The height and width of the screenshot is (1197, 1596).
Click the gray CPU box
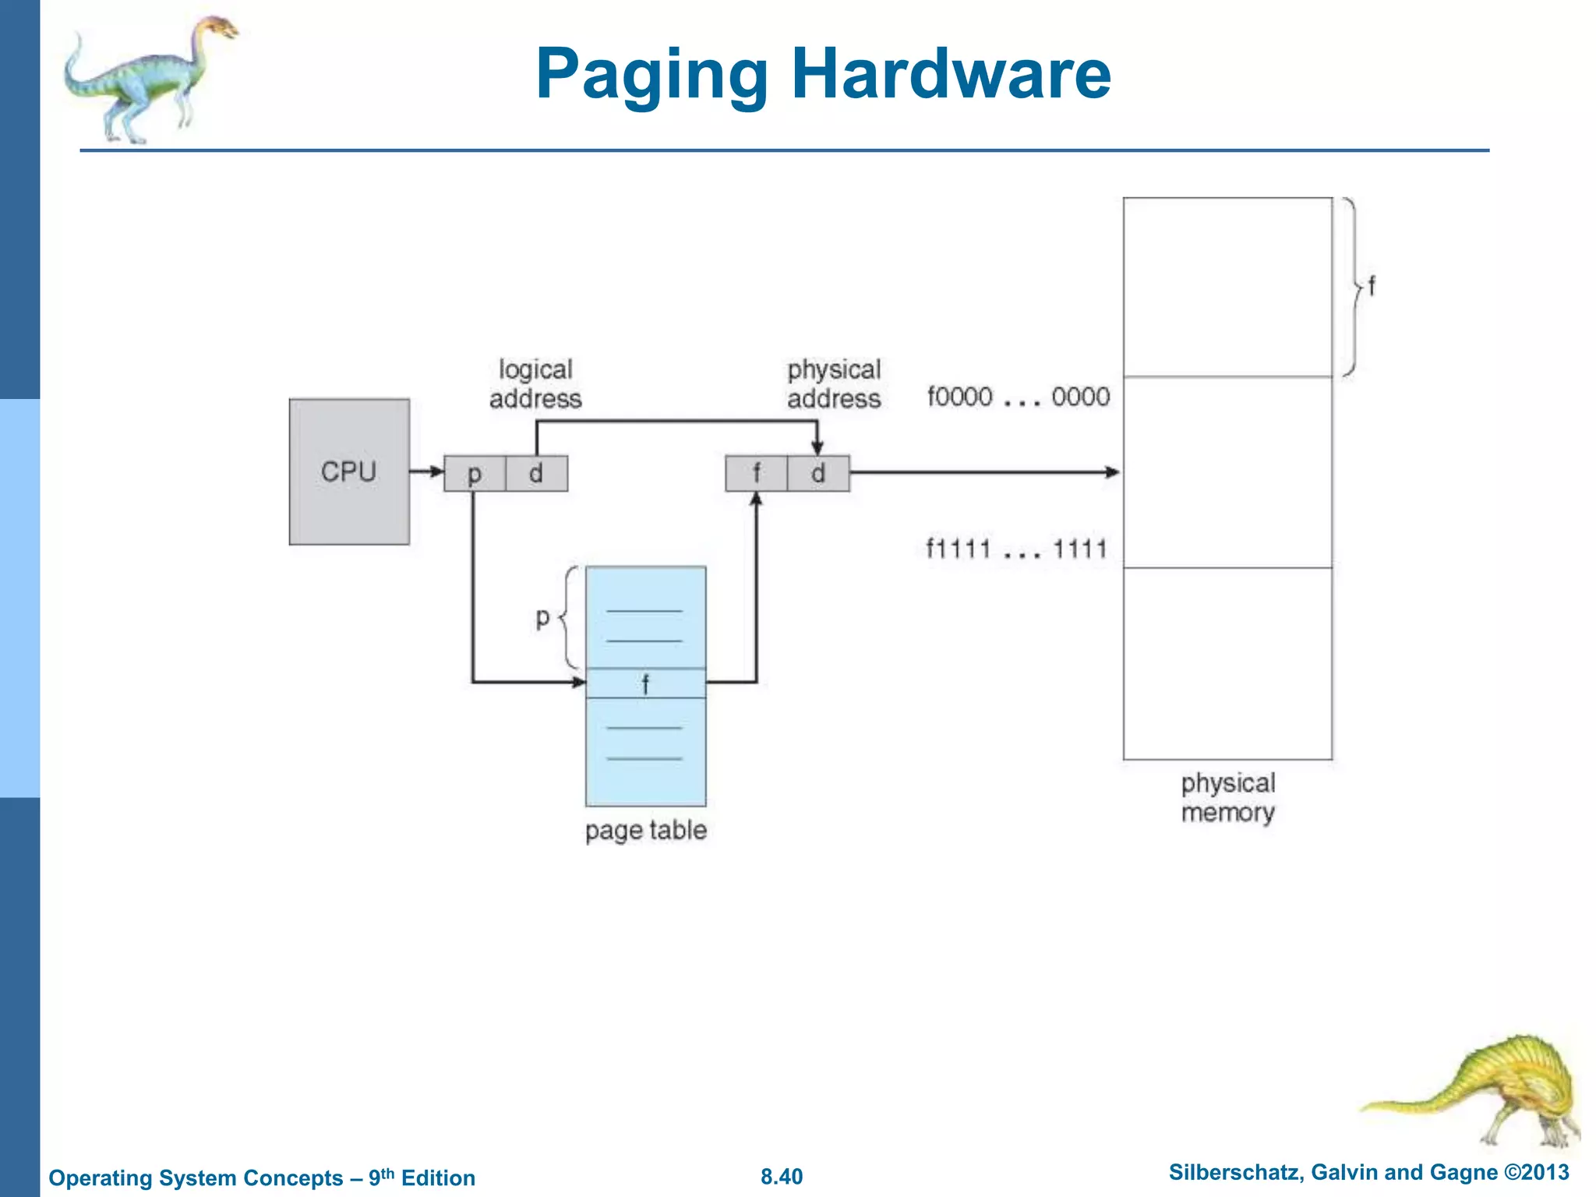point(349,471)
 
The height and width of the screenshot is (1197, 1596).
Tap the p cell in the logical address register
point(475,473)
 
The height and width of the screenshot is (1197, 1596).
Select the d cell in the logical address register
point(536,473)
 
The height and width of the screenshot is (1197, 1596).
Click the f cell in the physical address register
point(756,473)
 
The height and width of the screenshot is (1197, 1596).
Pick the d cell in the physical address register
point(817,473)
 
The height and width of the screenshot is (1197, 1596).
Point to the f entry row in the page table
point(645,683)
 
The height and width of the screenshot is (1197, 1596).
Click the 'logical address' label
point(535,383)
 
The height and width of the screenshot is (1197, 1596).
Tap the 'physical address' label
point(834,383)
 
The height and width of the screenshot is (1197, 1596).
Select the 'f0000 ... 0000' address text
point(1018,397)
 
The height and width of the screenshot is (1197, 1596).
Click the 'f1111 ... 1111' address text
point(1016,549)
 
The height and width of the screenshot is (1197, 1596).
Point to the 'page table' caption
point(646,830)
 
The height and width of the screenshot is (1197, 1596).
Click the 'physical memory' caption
point(1227,797)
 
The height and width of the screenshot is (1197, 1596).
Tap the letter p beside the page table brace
point(543,617)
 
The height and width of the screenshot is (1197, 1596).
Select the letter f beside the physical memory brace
point(1372,286)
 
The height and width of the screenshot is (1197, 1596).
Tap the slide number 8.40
point(782,1177)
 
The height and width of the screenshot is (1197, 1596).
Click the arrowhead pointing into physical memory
point(1113,471)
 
